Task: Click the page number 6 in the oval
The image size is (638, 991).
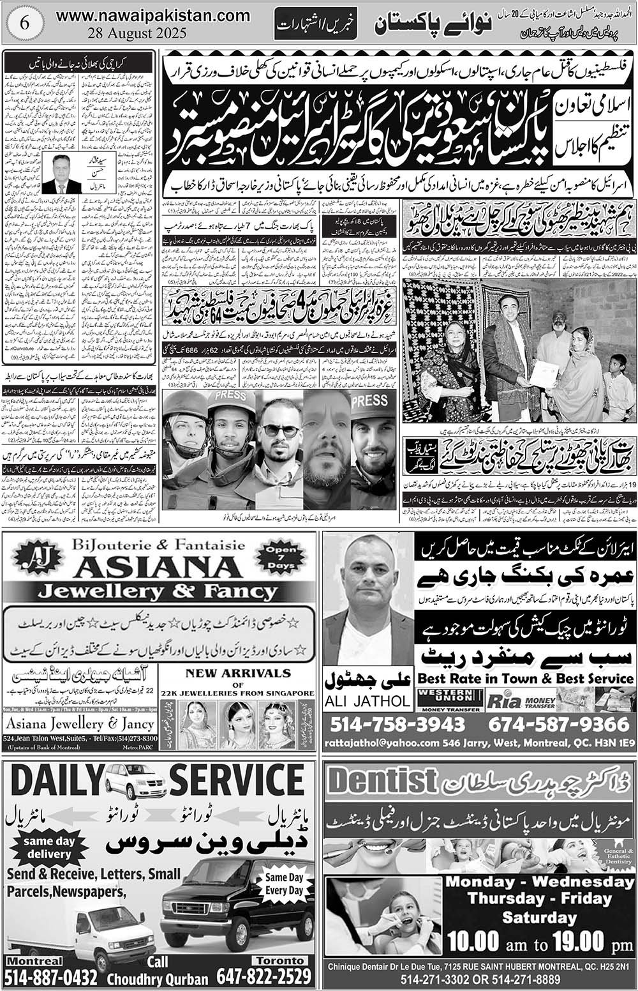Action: tap(25, 24)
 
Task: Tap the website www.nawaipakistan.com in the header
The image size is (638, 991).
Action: tap(153, 15)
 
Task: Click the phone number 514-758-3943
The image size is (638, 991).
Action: tap(398, 724)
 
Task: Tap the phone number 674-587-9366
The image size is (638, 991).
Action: tap(559, 724)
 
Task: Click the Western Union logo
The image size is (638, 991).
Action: tap(450, 699)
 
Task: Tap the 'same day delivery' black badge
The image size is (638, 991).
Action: tap(48, 847)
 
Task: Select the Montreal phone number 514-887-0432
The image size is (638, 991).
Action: tap(51, 977)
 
